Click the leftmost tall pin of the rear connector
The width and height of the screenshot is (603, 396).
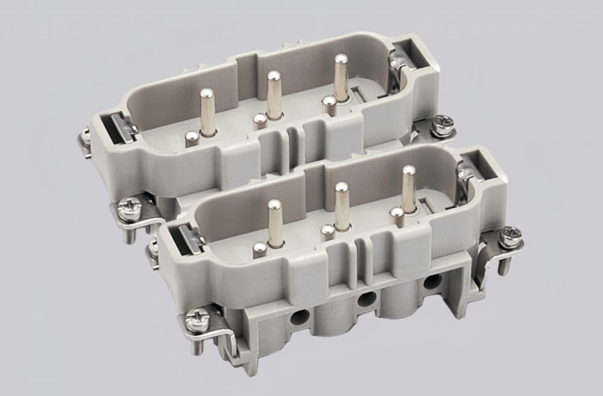pyautogui.click(x=207, y=112)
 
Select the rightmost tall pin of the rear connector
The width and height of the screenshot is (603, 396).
pyautogui.click(x=341, y=78)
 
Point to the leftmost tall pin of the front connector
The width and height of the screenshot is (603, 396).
pyautogui.click(x=275, y=223)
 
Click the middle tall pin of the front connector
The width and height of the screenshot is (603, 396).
pyautogui.click(x=342, y=206)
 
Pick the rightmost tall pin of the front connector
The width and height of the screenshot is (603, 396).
pyautogui.click(x=409, y=189)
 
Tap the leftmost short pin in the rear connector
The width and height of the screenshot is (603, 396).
pyautogui.click(x=192, y=139)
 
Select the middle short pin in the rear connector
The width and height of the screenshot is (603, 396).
pyautogui.click(x=260, y=121)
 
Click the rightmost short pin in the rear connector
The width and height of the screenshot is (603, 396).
pyautogui.click(x=329, y=105)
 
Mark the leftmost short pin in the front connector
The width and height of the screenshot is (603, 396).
pyautogui.click(x=260, y=249)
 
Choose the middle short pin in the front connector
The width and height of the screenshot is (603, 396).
pyautogui.click(x=328, y=232)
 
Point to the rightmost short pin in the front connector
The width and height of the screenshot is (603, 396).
pyautogui.click(x=396, y=216)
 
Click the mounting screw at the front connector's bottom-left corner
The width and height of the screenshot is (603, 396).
pyautogui.click(x=197, y=320)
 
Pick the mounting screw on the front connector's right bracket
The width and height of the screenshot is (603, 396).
pyautogui.click(x=510, y=237)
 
